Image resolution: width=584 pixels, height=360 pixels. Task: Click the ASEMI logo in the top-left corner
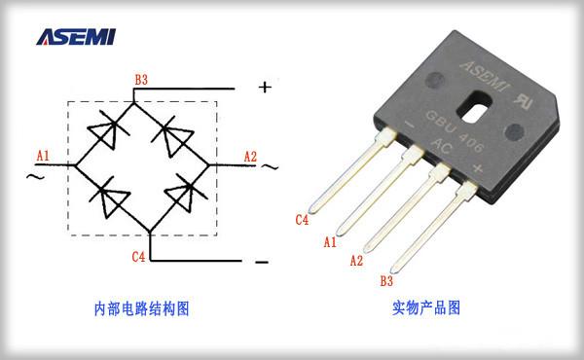click(x=75, y=36)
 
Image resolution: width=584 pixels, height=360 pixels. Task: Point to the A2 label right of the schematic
click(x=250, y=156)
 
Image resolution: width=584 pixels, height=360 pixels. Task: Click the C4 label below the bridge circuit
click(x=139, y=257)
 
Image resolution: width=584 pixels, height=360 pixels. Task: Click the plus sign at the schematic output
click(x=265, y=87)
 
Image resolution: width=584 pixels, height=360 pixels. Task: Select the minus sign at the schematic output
click(x=261, y=262)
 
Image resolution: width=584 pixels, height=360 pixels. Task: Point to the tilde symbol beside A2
click(x=270, y=165)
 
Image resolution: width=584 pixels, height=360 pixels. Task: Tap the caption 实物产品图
click(x=425, y=308)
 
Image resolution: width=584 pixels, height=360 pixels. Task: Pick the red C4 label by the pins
click(x=303, y=220)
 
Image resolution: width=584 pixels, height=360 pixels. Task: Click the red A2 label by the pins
click(x=355, y=260)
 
